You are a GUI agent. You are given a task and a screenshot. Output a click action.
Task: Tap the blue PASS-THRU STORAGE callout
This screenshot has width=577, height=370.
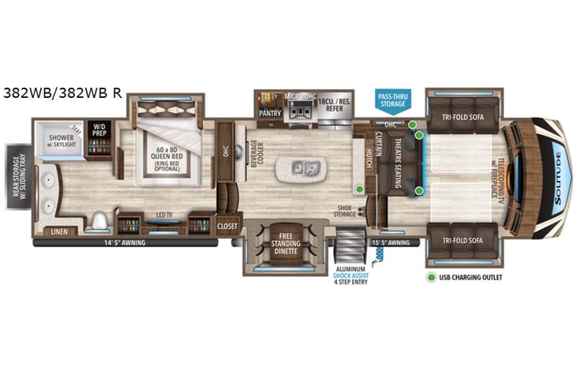[392, 99]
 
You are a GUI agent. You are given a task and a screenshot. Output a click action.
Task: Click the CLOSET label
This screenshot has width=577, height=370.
[227, 226]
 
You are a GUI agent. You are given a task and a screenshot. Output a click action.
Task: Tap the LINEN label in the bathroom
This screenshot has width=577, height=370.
[58, 230]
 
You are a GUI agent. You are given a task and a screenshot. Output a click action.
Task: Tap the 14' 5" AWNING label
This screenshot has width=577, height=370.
[125, 244]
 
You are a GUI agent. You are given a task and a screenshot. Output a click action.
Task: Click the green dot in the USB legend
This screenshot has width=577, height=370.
[432, 277]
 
